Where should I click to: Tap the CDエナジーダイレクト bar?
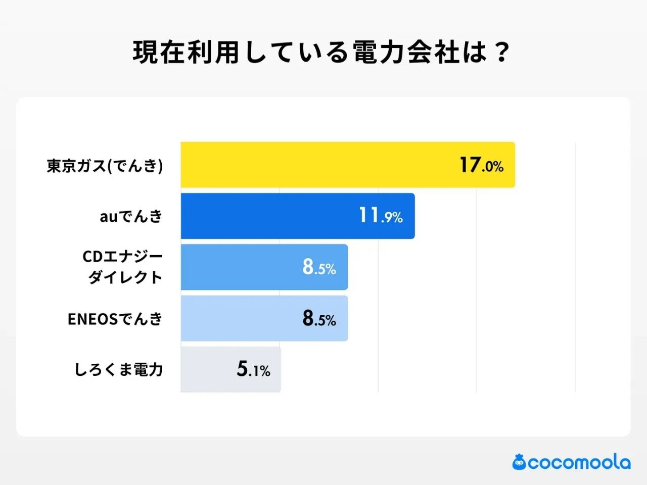coord(238,267)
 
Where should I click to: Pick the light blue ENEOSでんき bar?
coord(238,318)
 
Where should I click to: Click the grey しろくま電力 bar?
coord(207,369)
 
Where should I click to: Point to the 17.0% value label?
coord(481,165)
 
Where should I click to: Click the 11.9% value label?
coord(381,216)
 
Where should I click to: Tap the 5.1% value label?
coord(253,369)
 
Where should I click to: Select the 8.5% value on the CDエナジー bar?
coord(319,267)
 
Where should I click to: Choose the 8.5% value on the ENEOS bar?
coord(319,318)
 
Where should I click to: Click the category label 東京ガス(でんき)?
coord(105,166)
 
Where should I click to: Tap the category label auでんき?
coord(131,217)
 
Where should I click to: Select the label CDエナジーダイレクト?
coord(123,267)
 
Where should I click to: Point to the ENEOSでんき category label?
coord(115,319)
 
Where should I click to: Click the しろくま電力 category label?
coord(119,369)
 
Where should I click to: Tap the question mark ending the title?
coord(501,53)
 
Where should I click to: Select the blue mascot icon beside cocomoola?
coord(519,462)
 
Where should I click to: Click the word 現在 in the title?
coord(159,53)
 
